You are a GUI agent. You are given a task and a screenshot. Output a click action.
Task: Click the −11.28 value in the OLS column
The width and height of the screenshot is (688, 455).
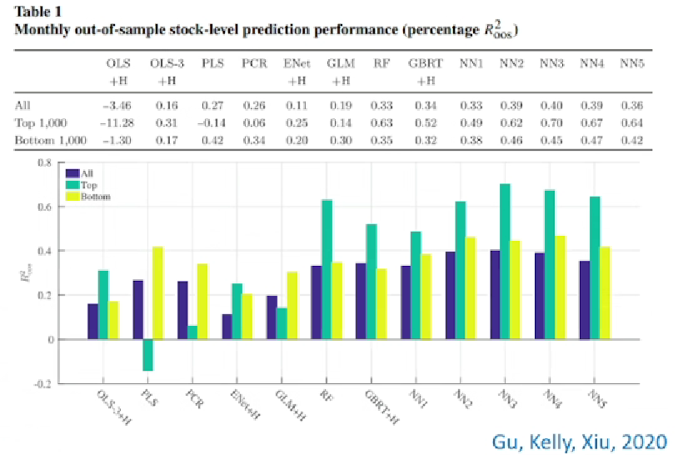tap(116, 123)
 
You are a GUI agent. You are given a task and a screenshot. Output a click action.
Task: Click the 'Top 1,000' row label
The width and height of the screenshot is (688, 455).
tap(39, 123)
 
